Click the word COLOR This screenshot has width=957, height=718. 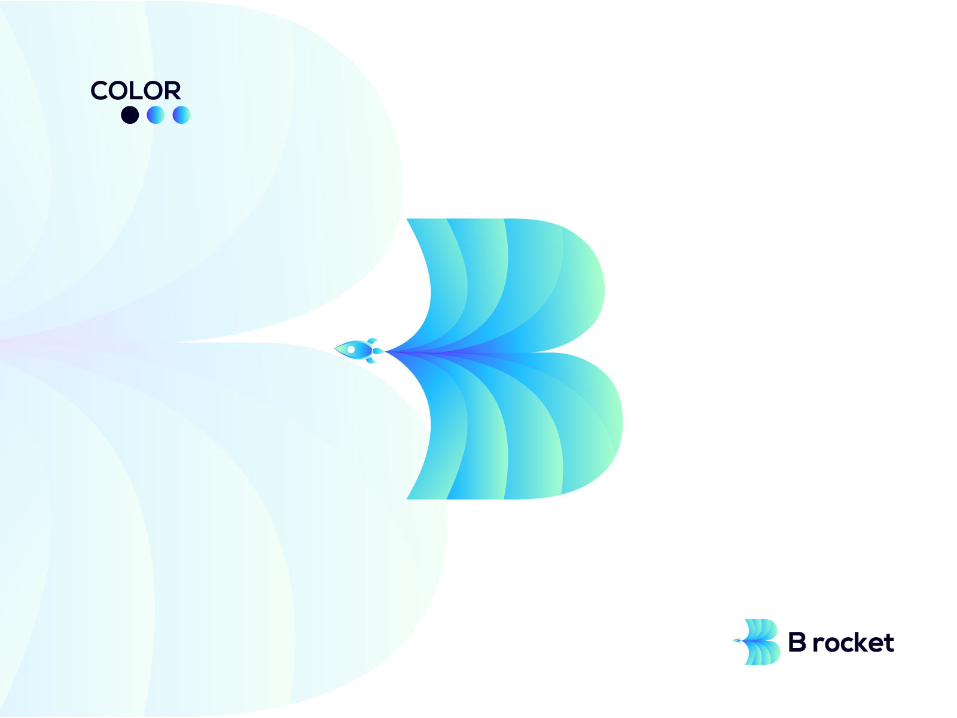pos(136,90)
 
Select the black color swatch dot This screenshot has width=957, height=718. pos(130,115)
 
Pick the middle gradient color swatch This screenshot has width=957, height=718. pos(156,115)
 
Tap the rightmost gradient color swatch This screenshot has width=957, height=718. pos(181,115)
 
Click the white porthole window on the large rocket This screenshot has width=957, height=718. pos(351,349)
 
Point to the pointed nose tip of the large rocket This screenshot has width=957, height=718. pos(335,348)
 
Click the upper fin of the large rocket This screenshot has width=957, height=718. pos(372,340)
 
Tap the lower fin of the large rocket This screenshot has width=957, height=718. pos(371,360)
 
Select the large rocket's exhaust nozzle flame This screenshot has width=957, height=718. pos(379,351)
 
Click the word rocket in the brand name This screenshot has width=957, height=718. pos(854,643)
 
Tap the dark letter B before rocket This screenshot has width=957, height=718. pos(797,641)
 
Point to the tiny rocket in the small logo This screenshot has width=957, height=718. pos(737,640)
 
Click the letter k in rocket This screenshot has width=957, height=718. pos(860,642)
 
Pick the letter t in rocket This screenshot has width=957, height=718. pos(889,643)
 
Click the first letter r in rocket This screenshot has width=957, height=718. pos(817,645)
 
